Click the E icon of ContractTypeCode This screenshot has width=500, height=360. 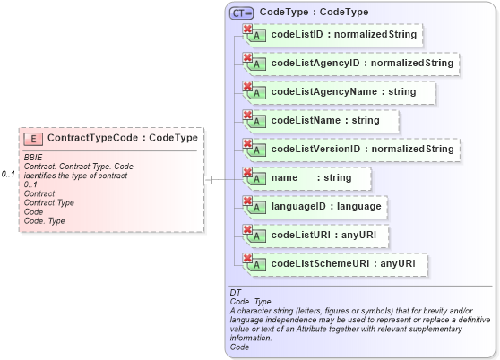coord(33,139)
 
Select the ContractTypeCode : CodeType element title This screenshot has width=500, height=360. coord(122,139)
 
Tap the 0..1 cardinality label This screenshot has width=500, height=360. coord(9,174)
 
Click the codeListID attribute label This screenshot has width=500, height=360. coord(341,35)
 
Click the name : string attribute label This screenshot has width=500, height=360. coord(311,178)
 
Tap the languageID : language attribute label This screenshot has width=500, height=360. coord(326,207)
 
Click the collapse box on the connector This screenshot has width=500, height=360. coord(209,179)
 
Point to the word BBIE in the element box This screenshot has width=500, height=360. coord(33,158)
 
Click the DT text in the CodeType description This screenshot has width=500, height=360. coord(236,293)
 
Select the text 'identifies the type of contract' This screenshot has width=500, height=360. coord(75,176)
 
